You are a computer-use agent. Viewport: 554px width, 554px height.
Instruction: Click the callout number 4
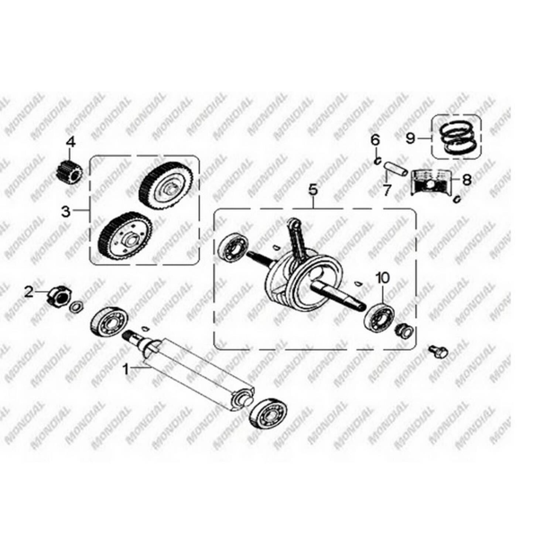(x=71, y=142)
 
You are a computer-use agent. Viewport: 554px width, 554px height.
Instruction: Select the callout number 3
(x=66, y=212)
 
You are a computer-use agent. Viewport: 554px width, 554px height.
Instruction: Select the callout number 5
(x=313, y=191)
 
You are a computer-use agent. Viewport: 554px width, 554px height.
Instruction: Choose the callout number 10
(x=383, y=278)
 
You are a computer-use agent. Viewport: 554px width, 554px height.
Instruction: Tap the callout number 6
(x=375, y=140)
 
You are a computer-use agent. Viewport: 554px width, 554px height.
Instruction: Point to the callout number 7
(x=387, y=191)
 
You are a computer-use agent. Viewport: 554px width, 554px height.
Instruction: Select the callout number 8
(x=467, y=180)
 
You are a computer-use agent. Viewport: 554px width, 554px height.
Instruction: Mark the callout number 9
(x=411, y=138)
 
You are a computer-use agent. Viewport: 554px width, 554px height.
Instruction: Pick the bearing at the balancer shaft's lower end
(x=268, y=413)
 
